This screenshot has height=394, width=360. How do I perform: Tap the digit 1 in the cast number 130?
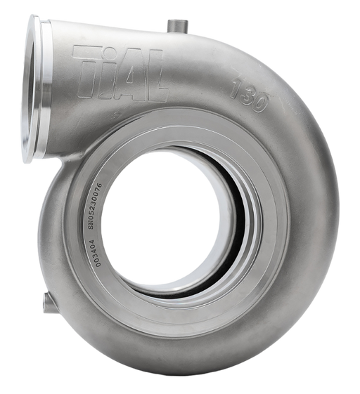236,88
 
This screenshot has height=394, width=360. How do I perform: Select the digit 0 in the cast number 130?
259,102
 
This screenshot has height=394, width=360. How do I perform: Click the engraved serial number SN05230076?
95,206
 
